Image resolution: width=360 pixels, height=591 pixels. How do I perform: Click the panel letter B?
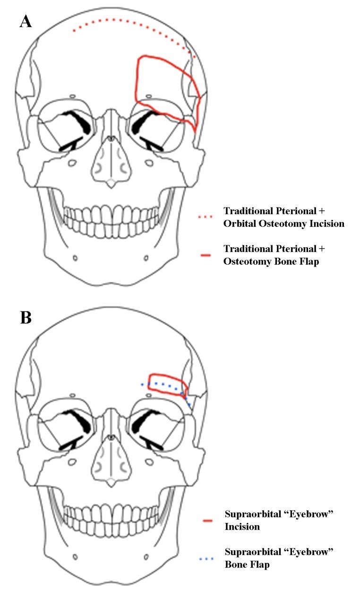coord(26,317)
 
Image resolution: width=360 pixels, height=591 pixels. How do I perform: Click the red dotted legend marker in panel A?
coord(206,217)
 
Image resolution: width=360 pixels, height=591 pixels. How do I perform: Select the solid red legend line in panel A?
coord(206,255)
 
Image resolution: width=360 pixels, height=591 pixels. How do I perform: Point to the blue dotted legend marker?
coord(206,558)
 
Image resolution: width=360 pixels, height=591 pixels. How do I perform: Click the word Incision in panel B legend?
coord(242,527)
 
